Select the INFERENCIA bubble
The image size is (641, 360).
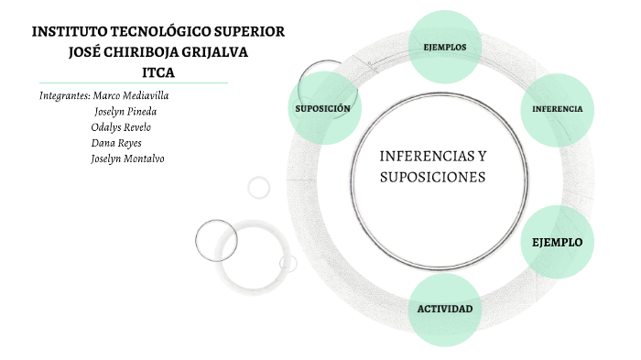(557, 109)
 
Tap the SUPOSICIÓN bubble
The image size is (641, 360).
(322, 108)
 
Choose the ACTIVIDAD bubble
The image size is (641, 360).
(445, 309)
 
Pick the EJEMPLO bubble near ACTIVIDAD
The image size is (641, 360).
(557, 243)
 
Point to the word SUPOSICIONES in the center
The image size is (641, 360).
(432, 177)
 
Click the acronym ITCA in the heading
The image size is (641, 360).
(158, 72)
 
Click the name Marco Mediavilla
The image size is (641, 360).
(131, 95)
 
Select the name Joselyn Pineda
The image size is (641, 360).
(125, 112)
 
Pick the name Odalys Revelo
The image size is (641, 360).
(121, 127)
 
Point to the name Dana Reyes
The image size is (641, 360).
(116, 143)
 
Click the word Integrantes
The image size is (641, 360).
(64, 95)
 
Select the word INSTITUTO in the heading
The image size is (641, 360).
(66, 31)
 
